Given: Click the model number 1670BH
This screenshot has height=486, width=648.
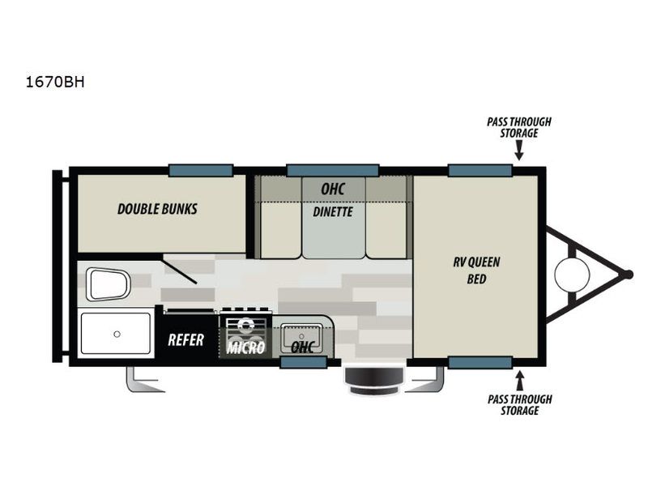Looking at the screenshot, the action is click(x=55, y=83).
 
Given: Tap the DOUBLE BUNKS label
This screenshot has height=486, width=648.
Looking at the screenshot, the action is click(x=157, y=209).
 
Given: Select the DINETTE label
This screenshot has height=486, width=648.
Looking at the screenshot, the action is click(x=333, y=212).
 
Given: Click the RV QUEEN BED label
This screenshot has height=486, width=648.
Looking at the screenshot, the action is click(x=476, y=271).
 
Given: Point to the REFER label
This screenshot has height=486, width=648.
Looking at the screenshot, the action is click(x=186, y=340).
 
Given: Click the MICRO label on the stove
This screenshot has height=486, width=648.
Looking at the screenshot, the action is click(x=245, y=347).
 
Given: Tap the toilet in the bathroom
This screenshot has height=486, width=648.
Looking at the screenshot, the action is click(x=109, y=284).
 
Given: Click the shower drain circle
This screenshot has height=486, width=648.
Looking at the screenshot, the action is click(x=117, y=334).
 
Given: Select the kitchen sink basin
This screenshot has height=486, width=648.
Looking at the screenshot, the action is click(x=301, y=335).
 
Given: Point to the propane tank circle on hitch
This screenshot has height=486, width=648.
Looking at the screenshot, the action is click(x=572, y=275).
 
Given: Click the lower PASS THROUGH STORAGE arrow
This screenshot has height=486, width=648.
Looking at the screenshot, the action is click(x=519, y=381).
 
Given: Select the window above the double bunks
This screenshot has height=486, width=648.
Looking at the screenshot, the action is click(x=201, y=170).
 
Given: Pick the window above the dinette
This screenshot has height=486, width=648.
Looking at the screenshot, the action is click(x=333, y=170).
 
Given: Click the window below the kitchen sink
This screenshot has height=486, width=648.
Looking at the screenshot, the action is click(x=304, y=362).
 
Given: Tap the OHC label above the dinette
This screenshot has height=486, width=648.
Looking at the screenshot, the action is click(x=333, y=190).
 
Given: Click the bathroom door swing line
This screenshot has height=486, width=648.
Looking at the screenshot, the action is click(x=179, y=270).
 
